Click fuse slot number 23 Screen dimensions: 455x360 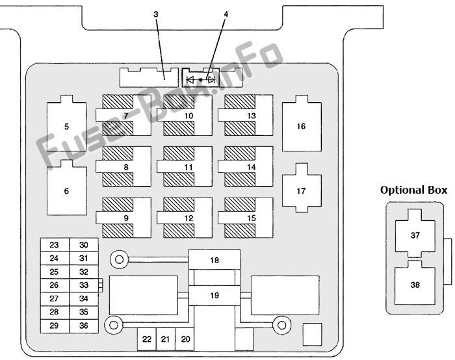coord(55,245)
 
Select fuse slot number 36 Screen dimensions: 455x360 coord(84,326)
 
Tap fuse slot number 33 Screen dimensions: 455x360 coord(84,285)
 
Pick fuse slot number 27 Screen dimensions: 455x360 coord(55,299)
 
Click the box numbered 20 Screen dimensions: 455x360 coord(185,339)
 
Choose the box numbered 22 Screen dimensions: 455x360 coord(147,339)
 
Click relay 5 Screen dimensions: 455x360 coord(67,123)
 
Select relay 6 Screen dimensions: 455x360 coord(67,188)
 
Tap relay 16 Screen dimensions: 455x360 coord(302,123)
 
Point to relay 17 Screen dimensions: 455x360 coord(302,188)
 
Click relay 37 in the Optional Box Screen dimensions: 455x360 coord(415,233)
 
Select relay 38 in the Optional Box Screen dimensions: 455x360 coord(415,283)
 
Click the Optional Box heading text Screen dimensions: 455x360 coord(414,190)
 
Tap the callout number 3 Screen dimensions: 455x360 coord(156,14)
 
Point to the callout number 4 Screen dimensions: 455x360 coord(226,14)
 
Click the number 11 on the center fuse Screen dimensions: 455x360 coord(188,167)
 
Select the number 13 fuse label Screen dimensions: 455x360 coord(252,116)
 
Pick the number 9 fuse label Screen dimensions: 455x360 coord(126,218)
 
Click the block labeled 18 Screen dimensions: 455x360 coord(214,260)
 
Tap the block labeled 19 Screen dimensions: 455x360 coord(214,295)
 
